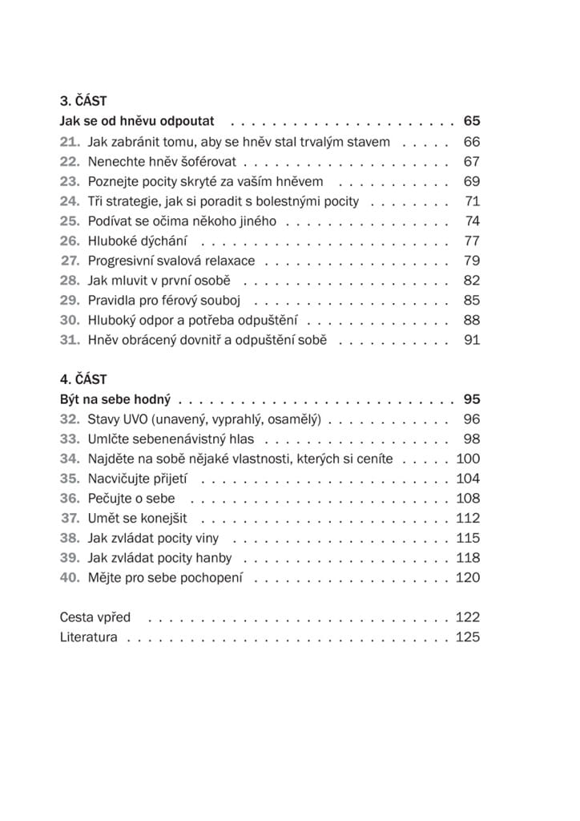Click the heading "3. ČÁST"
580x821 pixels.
83,102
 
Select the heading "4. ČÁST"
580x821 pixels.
83,379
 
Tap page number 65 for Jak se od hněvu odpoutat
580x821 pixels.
471,122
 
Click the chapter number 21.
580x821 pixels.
70,142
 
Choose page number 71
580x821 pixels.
472,201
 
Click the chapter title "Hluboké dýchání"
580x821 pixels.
139,241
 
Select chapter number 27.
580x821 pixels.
70,261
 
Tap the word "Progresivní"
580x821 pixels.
125,261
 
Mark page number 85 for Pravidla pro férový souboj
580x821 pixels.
471,301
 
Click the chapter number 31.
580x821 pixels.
70,340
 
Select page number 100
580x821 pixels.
468,459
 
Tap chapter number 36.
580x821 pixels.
70,498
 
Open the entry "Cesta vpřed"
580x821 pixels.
95,617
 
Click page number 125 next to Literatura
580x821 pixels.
468,637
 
